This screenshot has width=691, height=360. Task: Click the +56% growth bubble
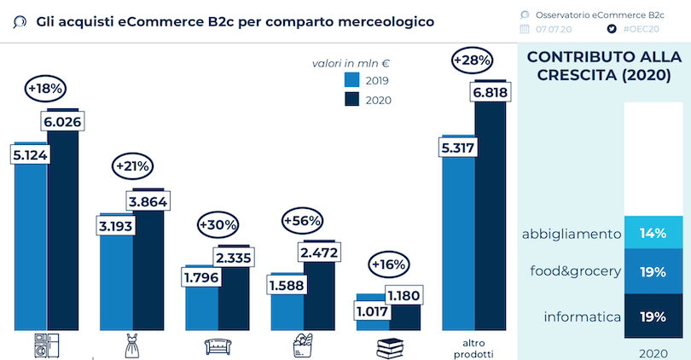(302, 220)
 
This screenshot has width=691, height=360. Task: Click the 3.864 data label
(147, 201)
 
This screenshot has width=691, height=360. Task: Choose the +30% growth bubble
(218, 224)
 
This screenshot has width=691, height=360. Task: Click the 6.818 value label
(491, 93)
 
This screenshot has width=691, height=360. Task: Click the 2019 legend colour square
(351, 80)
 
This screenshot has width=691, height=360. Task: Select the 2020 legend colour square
(351, 100)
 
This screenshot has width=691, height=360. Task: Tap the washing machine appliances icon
(46, 346)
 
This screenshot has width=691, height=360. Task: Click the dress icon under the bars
(131, 346)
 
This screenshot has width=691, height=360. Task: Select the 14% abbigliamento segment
(653, 233)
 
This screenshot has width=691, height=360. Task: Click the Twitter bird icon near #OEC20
(611, 29)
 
